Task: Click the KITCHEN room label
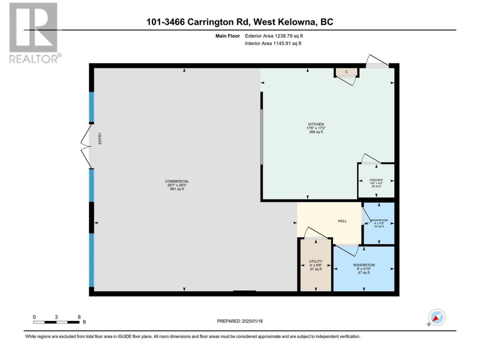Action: [x=316, y=124]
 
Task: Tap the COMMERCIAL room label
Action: [x=177, y=181]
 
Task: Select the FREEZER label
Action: [x=376, y=180]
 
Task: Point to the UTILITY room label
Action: [x=315, y=261]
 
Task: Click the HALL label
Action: [x=342, y=221]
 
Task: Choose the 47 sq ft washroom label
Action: [x=364, y=265]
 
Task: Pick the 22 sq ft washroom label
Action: [x=379, y=220]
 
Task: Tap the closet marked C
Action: [x=346, y=72]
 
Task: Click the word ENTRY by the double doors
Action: [x=100, y=138]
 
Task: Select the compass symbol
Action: [x=437, y=317]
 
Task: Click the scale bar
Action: [x=56, y=322]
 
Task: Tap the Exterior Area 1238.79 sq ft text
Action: [x=274, y=36]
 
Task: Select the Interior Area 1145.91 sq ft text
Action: [x=273, y=43]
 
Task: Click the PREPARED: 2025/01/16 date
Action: [x=240, y=321]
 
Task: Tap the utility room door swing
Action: [x=315, y=232]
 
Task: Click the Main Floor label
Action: [x=227, y=36]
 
